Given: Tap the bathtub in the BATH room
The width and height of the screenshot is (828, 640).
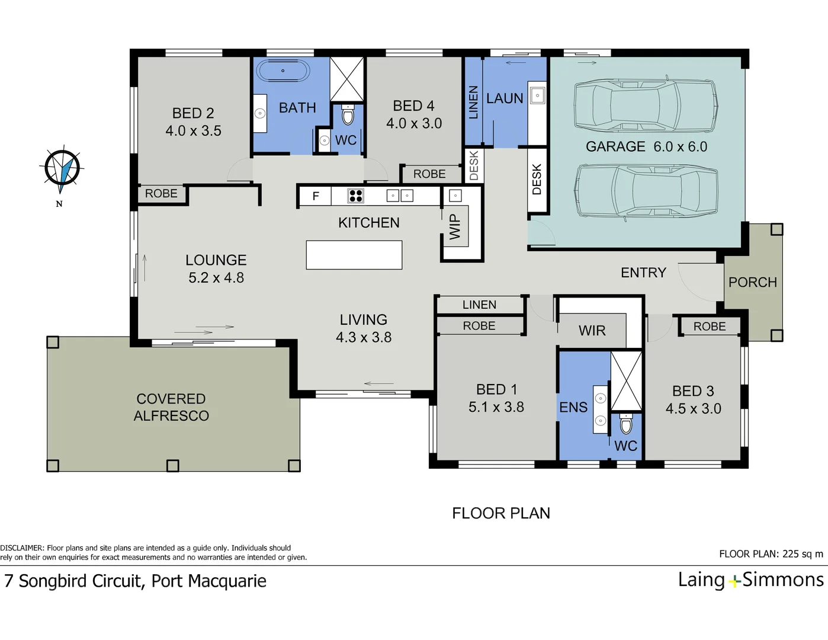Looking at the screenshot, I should coord(283,71).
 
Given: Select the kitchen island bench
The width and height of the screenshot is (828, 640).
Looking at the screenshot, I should coord(354,255).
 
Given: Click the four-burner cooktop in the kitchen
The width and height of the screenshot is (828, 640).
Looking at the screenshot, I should coord(355,196).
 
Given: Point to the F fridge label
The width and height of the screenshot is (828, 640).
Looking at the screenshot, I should coord(316,196).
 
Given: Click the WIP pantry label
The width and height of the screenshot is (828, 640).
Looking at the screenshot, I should coord(455,226).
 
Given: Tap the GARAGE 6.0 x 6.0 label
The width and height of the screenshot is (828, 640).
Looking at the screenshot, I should coord(646,146).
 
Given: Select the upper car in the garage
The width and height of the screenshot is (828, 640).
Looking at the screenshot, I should coord(646,105).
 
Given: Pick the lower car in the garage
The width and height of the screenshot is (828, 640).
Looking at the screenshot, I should coord(646,191).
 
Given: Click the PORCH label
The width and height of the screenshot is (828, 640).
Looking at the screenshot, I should coord(752,282).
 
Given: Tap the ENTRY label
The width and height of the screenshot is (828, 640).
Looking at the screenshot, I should coord(643,273).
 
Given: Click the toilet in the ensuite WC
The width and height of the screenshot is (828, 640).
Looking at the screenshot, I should coord(626,424).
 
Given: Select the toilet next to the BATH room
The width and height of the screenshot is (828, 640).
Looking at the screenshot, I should coord(348,115).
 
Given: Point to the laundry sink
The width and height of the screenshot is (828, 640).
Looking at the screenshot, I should coord(537,95).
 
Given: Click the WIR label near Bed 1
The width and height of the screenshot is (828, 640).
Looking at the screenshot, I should coord(592,331).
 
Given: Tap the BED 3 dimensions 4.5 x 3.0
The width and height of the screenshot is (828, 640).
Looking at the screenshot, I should coord(693,408).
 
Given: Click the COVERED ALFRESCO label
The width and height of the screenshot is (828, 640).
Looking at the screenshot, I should coord(171,407).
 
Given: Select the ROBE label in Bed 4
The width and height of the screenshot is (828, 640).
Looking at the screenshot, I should coord(429,174).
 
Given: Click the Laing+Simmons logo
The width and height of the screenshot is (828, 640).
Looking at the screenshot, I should coord(750,580).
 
